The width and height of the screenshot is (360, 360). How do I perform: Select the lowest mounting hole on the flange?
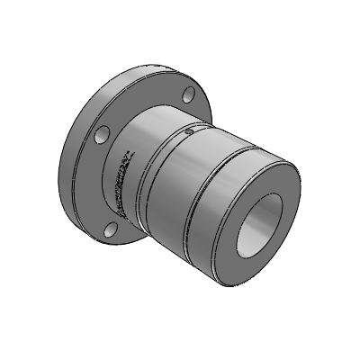coord(110,229)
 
